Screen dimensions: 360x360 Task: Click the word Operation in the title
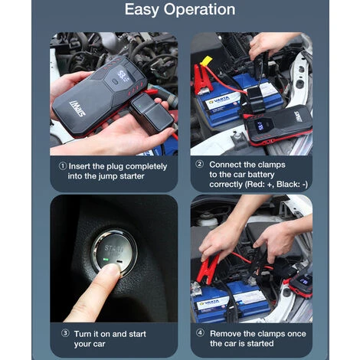199,10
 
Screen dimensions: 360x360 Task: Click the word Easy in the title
142,10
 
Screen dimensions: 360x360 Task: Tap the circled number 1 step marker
63,166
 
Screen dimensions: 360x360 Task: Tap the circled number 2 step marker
200,164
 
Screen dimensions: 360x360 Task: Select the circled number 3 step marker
65,333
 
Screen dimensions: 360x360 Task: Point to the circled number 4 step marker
200,332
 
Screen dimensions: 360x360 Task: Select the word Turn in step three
83,334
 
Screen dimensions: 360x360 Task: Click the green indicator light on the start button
106,260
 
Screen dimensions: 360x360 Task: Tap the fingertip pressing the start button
112,270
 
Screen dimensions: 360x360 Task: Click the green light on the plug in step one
139,105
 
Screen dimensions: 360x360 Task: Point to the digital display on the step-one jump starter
123,74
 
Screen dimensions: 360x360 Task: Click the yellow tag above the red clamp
206,61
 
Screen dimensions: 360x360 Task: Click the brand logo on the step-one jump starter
77,108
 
